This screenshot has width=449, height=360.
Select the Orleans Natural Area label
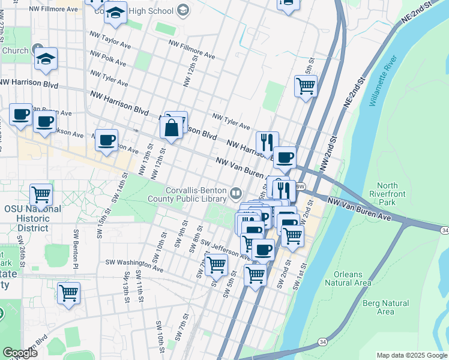pos(348,278)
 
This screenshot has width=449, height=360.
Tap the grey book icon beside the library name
pos(236,193)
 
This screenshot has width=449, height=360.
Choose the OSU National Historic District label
pos(32,218)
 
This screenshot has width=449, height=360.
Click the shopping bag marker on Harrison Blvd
pos(172,127)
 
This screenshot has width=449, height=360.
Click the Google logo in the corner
pos(19,353)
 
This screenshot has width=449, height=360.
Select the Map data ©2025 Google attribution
pos(411,355)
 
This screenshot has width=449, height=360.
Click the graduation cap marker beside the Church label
pos(45,59)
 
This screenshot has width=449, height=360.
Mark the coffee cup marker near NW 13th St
pos(106,140)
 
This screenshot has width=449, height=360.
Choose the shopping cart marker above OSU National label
pos(41,194)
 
